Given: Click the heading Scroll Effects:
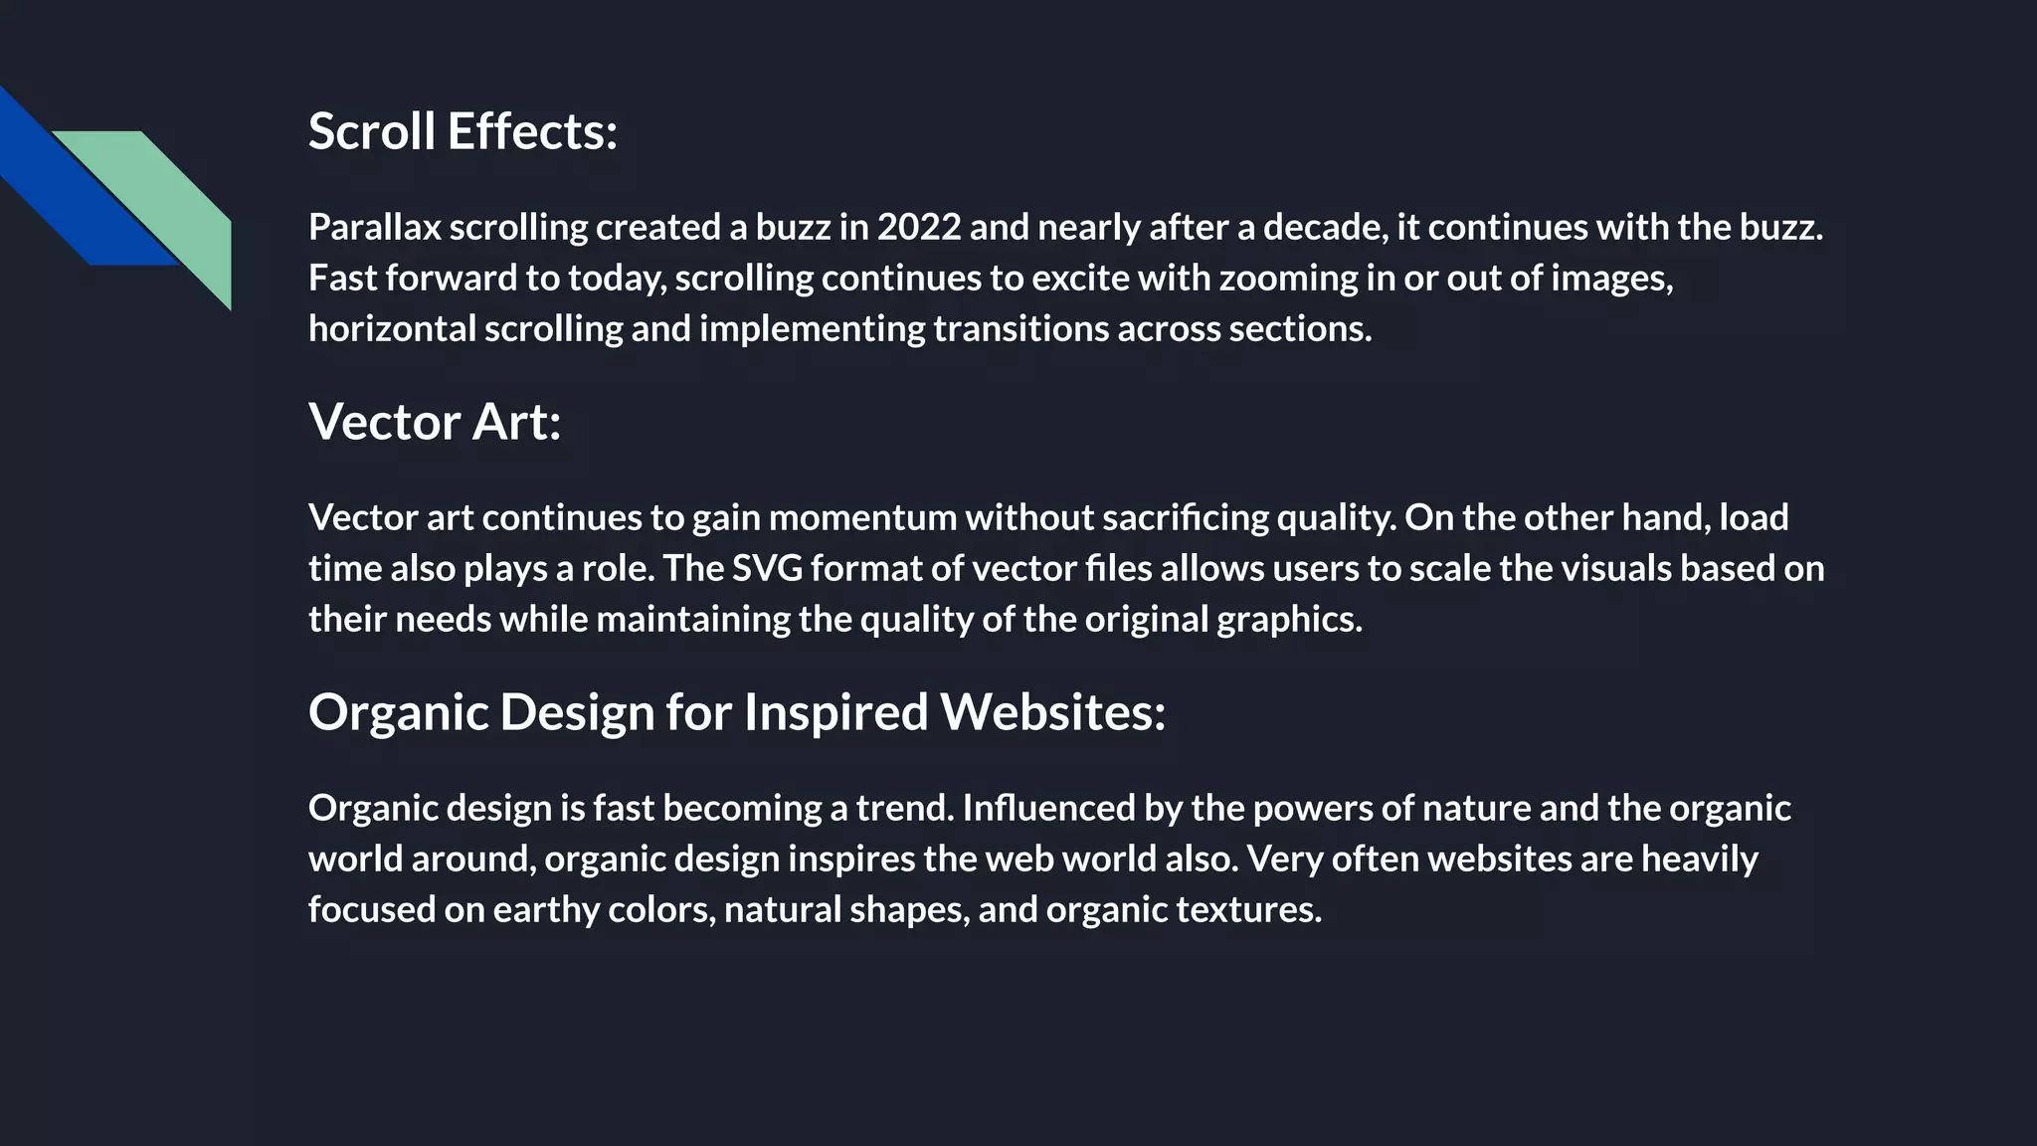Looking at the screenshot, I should click(463, 131).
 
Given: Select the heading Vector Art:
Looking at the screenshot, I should click(435, 422).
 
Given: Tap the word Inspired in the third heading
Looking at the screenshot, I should click(835, 712).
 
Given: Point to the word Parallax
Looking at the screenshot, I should click(374, 228).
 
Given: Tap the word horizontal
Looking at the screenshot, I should click(392, 329).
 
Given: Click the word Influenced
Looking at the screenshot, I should click(1048, 808).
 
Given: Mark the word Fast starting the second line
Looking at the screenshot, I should click(342, 279).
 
